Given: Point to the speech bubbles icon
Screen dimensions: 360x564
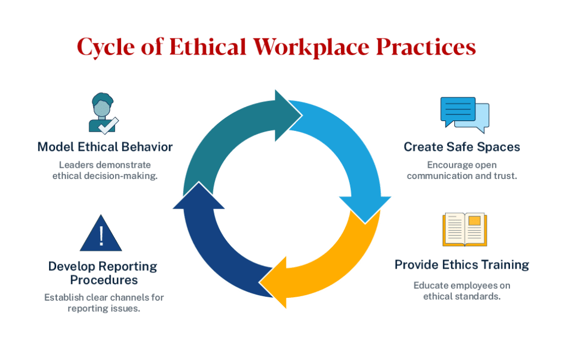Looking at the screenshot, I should [x=464, y=114].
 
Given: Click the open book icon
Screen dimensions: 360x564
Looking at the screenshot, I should [x=464, y=230].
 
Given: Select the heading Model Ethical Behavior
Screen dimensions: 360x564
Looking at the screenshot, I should [x=105, y=147].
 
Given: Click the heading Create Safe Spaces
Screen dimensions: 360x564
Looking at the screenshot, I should [x=462, y=147].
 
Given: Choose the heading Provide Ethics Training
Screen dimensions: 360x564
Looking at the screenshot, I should [x=462, y=265].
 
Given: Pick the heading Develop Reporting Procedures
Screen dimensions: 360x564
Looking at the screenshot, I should [x=103, y=273].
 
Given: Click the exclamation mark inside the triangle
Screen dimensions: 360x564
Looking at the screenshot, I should [x=101, y=236].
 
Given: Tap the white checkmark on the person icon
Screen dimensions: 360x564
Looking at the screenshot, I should [x=108, y=126].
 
